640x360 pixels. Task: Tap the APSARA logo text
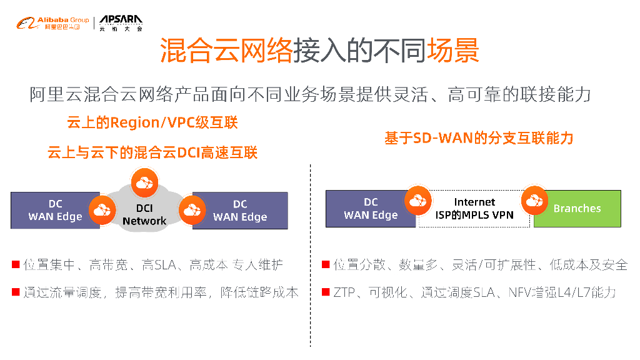pos(121,21)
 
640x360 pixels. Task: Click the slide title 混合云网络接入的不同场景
pos(319,51)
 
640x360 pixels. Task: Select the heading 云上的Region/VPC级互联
pos(152,122)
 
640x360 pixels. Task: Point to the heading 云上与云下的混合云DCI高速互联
pos(152,152)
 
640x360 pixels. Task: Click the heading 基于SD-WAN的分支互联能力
pos(479,138)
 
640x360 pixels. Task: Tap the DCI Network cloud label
pos(144,214)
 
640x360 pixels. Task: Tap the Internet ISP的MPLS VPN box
pos(474,209)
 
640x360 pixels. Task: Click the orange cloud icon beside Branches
pos(534,200)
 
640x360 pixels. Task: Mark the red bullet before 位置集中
pos(15,264)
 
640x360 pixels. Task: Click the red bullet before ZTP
pos(326,291)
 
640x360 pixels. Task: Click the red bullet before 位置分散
pos(326,264)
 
